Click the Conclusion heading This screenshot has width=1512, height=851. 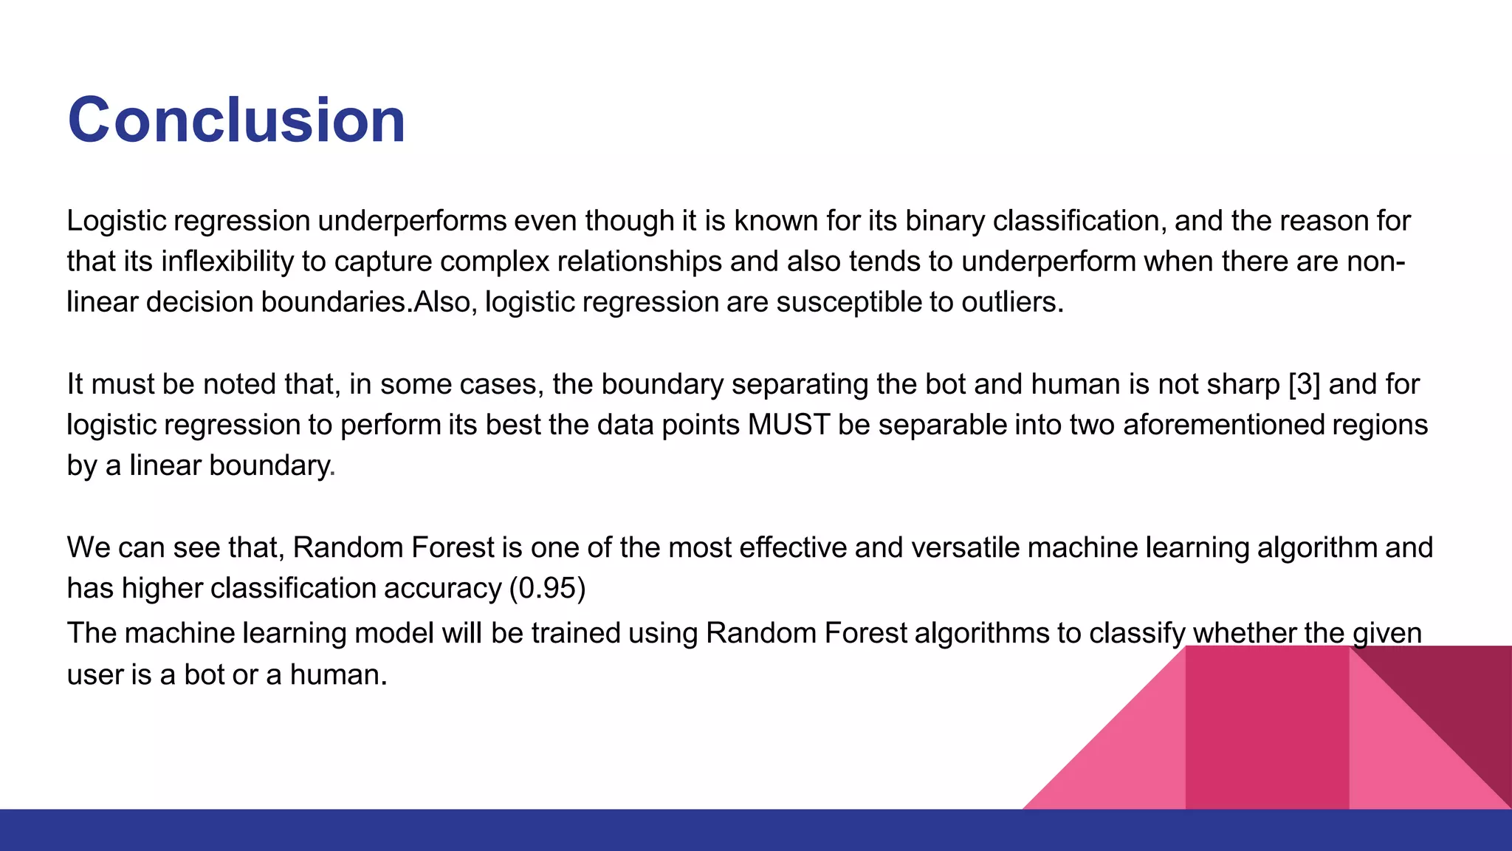point(236,120)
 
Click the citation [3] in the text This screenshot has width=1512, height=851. point(1304,385)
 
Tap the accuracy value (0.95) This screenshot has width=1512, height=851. point(547,589)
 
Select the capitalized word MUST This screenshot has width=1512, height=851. point(788,425)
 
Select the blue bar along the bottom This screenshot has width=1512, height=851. point(756,830)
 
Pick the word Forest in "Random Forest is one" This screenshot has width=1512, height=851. point(452,548)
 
